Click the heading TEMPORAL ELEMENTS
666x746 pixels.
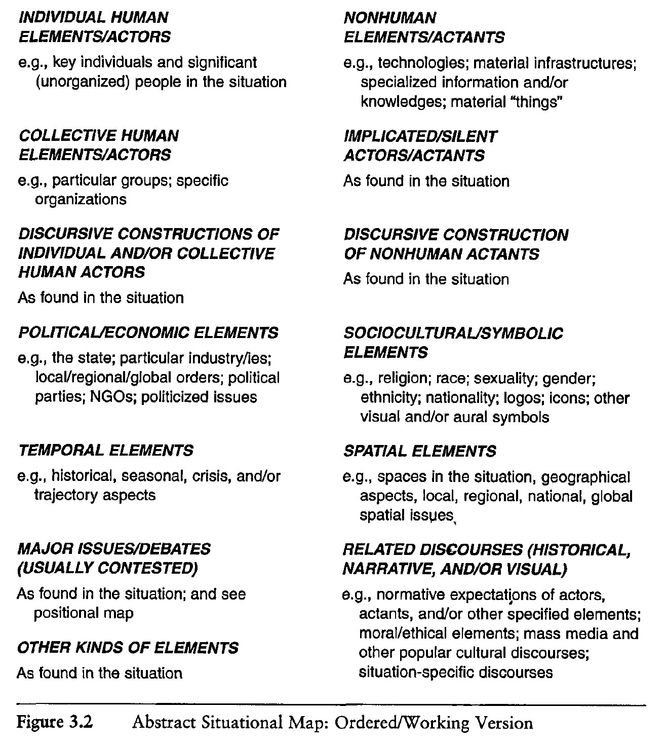click(x=105, y=450)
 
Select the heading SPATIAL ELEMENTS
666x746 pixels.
click(x=420, y=451)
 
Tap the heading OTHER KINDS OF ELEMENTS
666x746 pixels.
click(x=128, y=648)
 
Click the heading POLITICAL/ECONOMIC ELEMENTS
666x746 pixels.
click(x=148, y=333)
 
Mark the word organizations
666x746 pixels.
click(x=80, y=200)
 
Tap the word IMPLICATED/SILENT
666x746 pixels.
click(x=420, y=136)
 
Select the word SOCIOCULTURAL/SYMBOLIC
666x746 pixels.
click(x=453, y=333)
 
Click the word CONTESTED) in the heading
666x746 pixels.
click(x=146, y=569)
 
